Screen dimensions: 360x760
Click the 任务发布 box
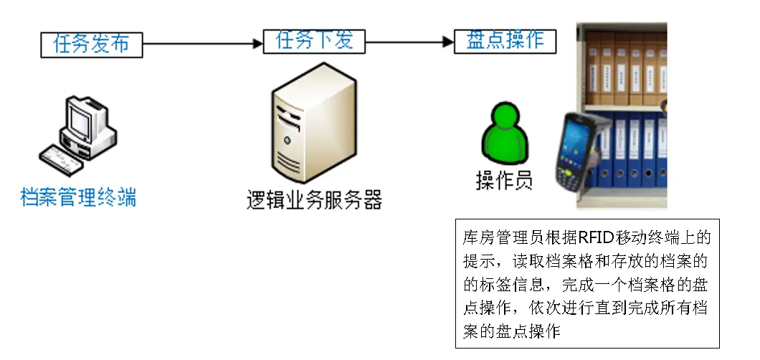91,44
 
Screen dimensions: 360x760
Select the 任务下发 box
314,40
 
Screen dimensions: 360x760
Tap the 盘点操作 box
505,40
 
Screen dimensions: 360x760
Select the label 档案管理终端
78,196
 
